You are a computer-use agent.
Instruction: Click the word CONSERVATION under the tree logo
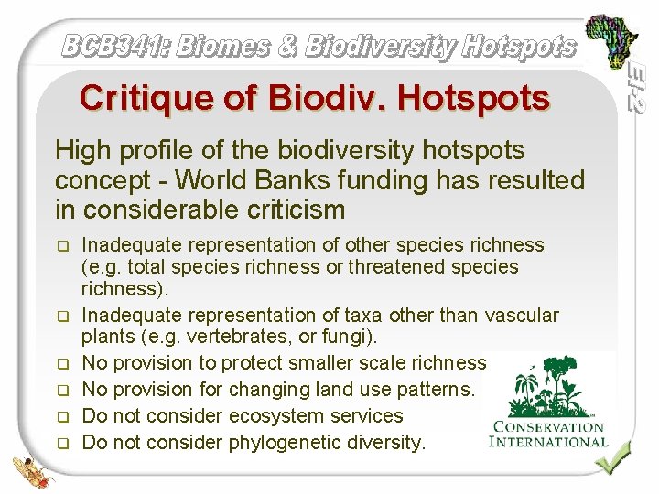coord(548,426)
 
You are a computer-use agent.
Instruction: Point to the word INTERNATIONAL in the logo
coord(548,442)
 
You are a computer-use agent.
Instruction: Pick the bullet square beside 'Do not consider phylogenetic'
coord(62,445)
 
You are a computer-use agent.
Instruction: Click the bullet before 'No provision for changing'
coord(62,392)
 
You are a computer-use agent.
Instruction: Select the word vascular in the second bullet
coord(523,316)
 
